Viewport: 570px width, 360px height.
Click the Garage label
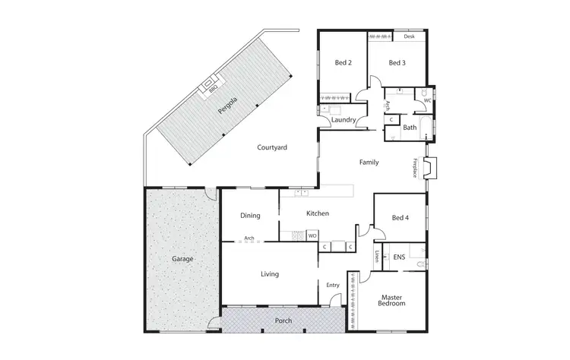(x=182, y=259)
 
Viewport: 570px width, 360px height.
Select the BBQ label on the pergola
(x=214, y=87)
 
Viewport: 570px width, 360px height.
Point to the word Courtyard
(x=271, y=147)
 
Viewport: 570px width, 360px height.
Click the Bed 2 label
(x=343, y=63)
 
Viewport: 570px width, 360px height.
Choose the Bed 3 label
(x=397, y=63)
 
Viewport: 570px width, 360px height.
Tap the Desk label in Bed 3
(x=409, y=36)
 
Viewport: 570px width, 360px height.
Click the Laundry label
(x=344, y=119)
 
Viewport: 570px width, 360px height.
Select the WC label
(x=427, y=100)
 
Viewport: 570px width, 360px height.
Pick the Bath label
(x=410, y=128)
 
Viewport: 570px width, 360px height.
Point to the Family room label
(x=369, y=163)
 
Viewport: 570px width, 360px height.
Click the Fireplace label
(x=415, y=168)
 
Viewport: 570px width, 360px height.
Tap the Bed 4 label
(x=401, y=218)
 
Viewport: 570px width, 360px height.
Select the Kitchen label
(x=317, y=214)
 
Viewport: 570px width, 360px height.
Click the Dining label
(x=250, y=216)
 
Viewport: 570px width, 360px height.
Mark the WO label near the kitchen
(x=312, y=236)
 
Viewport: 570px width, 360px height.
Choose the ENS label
(x=399, y=257)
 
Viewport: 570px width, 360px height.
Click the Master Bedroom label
(x=391, y=300)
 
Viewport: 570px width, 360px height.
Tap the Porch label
(x=283, y=321)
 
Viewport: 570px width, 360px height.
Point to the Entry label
(x=332, y=285)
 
